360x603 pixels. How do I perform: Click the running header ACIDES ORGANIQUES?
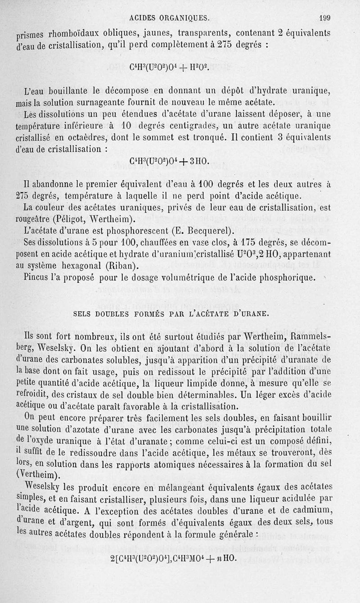click(x=169, y=18)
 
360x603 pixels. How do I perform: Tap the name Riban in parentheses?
click(x=122, y=265)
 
